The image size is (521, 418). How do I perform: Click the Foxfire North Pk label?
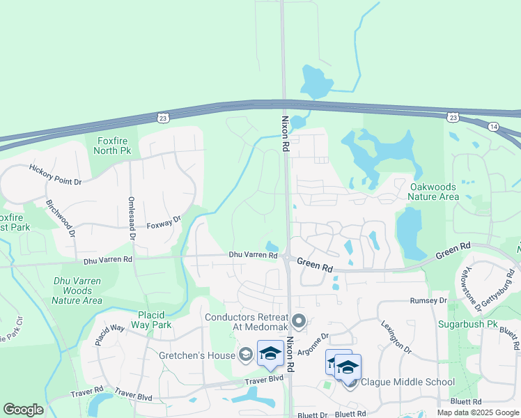tap(113, 146)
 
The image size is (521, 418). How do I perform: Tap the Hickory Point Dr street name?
tap(56, 174)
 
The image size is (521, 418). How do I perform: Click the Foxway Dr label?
tap(164, 223)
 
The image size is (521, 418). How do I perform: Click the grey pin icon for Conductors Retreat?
tap(300, 322)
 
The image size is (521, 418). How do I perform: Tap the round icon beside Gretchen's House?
tap(244, 355)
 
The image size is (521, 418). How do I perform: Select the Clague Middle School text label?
tap(408, 382)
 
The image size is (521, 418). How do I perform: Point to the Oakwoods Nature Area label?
tap(434, 192)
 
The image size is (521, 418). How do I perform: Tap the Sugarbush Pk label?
tap(466, 325)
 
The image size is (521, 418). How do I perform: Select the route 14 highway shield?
tap(493, 126)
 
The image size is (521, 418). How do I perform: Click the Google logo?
tap(23, 410)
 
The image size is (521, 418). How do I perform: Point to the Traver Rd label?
tap(87, 394)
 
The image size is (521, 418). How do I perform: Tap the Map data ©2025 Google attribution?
tap(476, 412)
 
